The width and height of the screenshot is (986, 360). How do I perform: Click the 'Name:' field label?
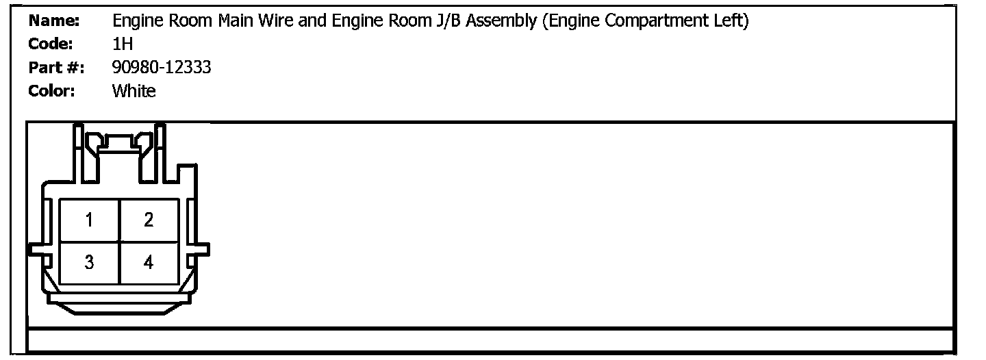(x=54, y=21)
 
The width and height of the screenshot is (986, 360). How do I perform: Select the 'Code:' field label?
(x=51, y=44)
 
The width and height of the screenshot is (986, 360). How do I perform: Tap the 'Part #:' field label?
(x=56, y=68)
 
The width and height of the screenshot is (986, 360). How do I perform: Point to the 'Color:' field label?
(x=51, y=91)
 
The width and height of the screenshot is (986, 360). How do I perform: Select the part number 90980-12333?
(x=161, y=68)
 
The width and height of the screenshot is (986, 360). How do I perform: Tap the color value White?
(x=134, y=91)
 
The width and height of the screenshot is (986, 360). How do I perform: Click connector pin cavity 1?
(x=90, y=220)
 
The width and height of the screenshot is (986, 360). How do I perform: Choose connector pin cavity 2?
(x=149, y=220)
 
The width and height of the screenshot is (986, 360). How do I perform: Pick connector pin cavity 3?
(x=90, y=262)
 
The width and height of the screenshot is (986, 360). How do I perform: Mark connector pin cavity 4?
(x=149, y=262)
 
